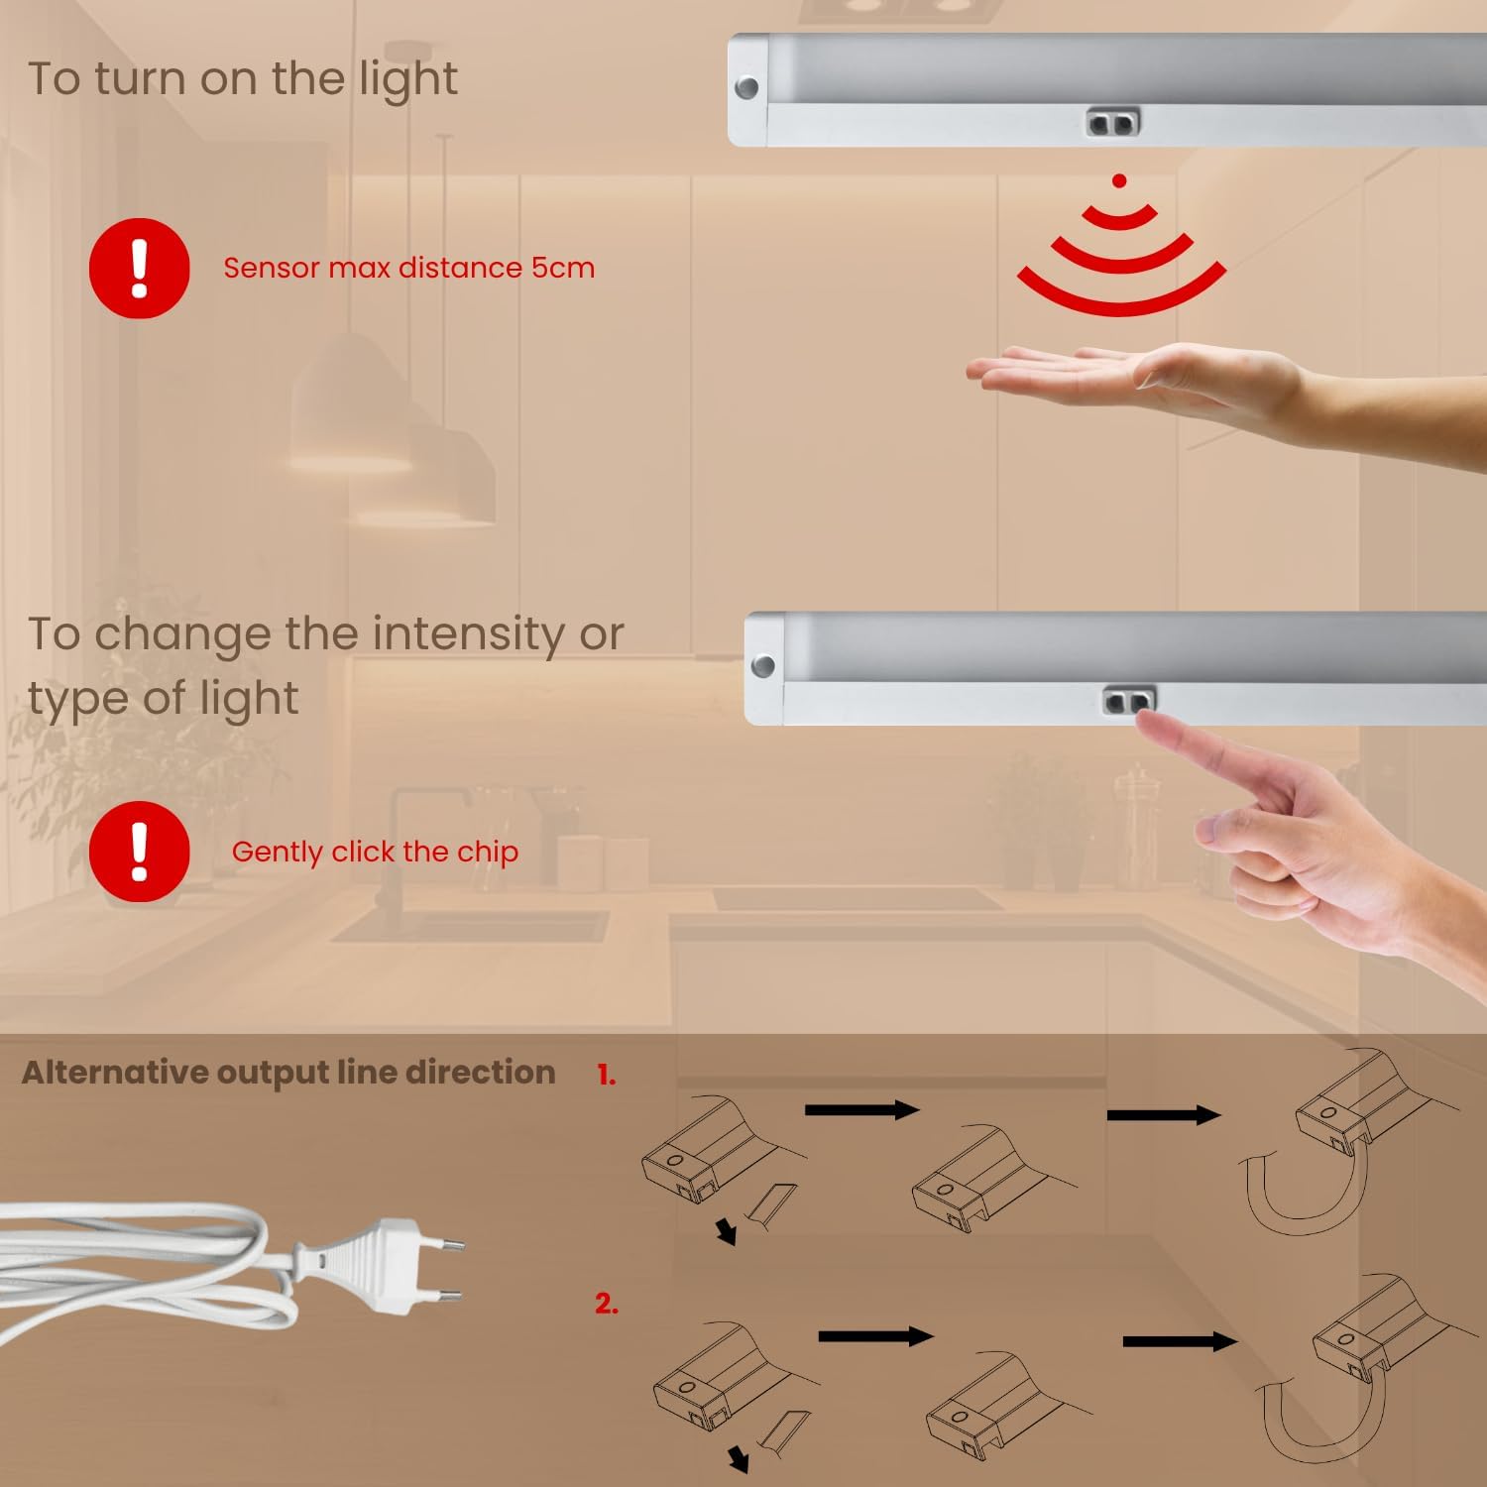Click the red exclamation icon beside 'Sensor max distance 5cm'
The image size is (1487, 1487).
(139, 268)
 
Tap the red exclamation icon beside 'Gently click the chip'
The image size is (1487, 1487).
(139, 852)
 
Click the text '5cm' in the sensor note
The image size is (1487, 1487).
(562, 268)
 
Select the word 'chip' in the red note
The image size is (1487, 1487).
(487, 853)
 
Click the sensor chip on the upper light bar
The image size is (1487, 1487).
(1113, 123)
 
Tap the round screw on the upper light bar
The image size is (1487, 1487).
(746, 87)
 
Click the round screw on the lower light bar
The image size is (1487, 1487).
(763, 665)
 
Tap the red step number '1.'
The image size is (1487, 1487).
(606, 1076)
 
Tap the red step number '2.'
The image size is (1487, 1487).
(607, 1305)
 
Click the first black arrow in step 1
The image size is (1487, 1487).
(862, 1109)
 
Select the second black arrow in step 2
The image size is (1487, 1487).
(1180, 1341)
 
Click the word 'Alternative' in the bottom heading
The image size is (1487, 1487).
(115, 1073)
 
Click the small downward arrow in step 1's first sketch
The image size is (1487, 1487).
(728, 1232)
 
